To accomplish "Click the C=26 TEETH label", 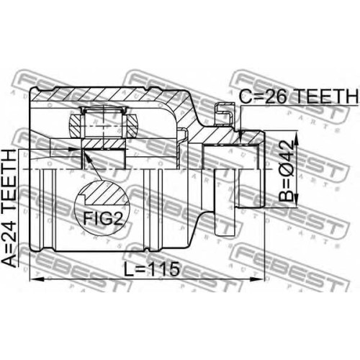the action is coord(299,96).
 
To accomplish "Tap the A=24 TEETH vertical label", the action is coord(10,208).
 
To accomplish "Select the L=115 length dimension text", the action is coord(152,269).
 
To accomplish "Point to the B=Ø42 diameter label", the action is coord(287,171).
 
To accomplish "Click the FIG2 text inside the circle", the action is coord(103,218).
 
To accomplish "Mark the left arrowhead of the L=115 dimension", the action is coord(37,279).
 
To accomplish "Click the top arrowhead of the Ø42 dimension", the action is coord(297,138).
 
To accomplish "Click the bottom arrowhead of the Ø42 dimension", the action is coord(297,199).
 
